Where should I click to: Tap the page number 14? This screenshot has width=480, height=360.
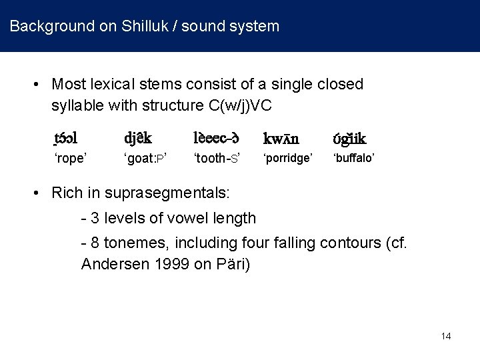click(445, 336)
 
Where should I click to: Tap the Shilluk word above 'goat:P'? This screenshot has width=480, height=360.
click(137, 139)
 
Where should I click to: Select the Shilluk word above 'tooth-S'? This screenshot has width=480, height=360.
click(216, 139)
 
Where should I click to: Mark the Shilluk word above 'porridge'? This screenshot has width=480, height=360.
click(281, 139)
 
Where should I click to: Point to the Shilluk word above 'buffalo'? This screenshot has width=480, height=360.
click(349, 139)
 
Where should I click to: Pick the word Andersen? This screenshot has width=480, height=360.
click(111, 263)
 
